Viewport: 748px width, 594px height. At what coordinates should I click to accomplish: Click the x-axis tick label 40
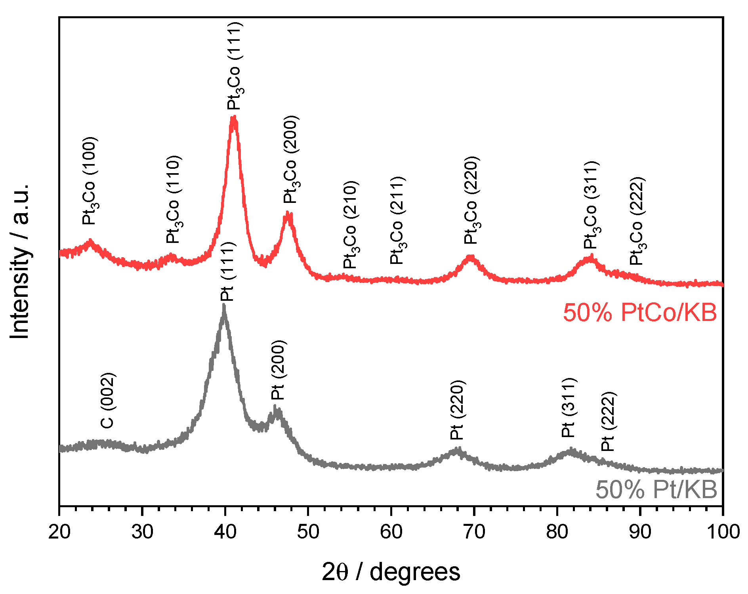tap(225, 532)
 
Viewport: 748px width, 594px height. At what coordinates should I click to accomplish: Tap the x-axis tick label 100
tap(723, 532)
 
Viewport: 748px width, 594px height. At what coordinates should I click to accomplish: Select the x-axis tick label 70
tap(474, 532)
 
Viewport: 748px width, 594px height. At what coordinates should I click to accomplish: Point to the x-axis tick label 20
tap(59, 532)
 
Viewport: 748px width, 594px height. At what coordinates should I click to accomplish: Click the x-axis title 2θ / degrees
tap(391, 572)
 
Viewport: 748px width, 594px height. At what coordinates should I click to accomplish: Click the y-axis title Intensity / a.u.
tap(20, 262)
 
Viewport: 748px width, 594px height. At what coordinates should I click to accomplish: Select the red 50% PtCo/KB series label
tap(639, 313)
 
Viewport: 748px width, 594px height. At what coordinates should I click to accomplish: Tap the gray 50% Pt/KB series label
tap(656, 489)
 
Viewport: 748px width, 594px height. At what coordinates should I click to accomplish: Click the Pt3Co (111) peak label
tap(235, 66)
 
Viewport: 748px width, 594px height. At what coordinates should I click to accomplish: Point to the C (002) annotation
tap(108, 401)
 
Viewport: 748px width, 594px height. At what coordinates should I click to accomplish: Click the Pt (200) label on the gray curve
tap(278, 370)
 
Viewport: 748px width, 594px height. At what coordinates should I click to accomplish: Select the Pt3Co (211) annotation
tap(397, 221)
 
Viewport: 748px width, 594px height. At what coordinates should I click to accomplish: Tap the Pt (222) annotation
tap(608, 421)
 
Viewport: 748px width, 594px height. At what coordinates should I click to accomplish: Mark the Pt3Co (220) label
tap(472, 200)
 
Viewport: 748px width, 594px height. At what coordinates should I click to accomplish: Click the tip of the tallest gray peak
tap(224, 305)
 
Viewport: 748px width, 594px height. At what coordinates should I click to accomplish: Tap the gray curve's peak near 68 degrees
tap(458, 449)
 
